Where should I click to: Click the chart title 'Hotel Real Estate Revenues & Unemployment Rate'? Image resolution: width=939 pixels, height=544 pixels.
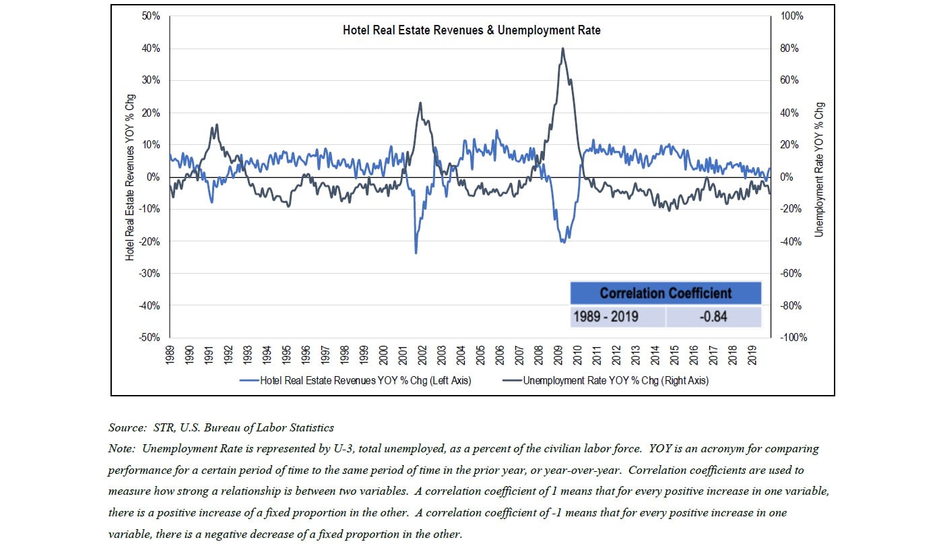(x=471, y=30)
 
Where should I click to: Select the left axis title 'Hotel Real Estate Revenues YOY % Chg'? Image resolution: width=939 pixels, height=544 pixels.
(x=130, y=177)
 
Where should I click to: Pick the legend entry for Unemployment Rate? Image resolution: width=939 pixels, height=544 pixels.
(x=606, y=381)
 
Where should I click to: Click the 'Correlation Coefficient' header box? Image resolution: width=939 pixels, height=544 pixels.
(x=666, y=293)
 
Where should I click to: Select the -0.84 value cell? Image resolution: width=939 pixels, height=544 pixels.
(x=713, y=316)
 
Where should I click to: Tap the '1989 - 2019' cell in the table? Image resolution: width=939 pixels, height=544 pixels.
(x=617, y=316)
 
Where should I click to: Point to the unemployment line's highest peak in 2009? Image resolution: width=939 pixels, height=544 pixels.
(x=562, y=49)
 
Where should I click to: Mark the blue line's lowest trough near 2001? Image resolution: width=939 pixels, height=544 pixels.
(x=416, y=253)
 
